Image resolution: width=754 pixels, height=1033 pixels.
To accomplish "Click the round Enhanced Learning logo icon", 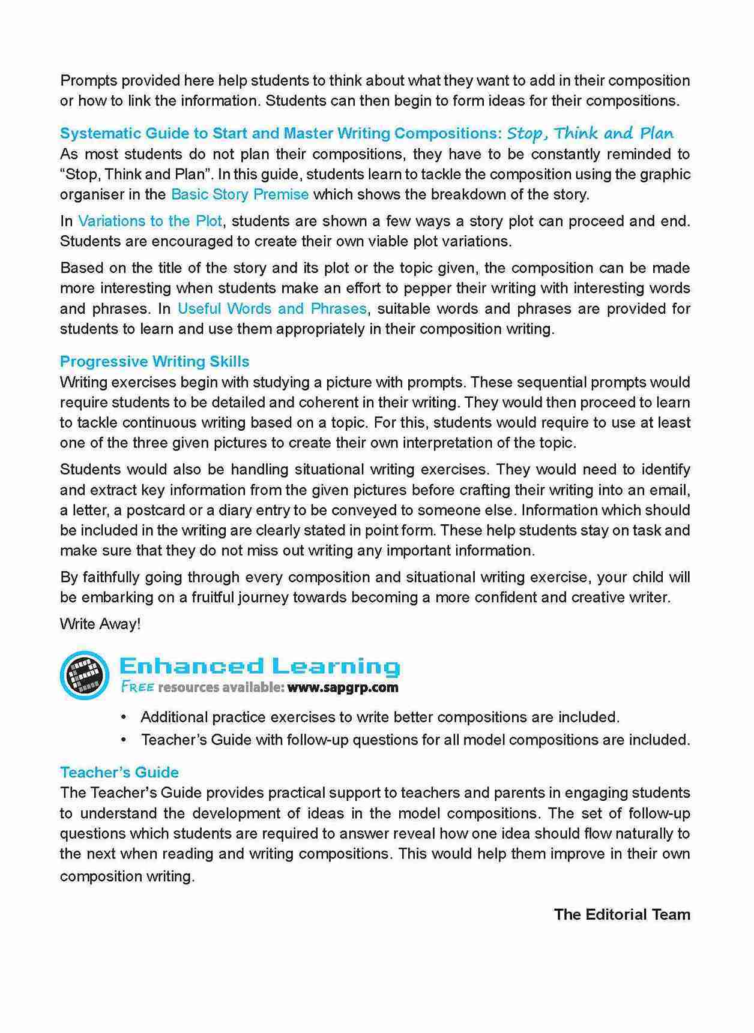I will (85, 675).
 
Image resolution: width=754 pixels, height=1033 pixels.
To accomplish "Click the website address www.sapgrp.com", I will (342, 687).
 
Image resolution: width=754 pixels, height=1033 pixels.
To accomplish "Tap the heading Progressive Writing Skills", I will (154, 362).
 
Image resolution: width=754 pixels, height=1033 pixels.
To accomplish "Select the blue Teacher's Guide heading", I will (119, 772).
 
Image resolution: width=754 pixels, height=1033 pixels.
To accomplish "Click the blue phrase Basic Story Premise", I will (240, 194).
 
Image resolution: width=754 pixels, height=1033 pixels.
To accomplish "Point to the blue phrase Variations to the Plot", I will (150, 221).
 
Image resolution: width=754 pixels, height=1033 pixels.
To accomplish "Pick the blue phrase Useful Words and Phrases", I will (272, 309).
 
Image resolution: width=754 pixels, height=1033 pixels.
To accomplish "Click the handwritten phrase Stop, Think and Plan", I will (590, 133).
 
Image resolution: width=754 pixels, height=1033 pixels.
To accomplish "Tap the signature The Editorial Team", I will (621, 914).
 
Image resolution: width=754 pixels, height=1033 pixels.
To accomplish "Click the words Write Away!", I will (100, 624).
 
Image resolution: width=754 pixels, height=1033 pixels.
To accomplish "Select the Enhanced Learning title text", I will (259, 666).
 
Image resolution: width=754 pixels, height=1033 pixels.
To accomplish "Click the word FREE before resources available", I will (137, 687).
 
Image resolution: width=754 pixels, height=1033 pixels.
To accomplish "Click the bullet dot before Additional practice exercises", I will (124, 717).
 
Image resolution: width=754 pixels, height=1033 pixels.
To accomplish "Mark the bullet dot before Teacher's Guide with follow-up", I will (124, 740).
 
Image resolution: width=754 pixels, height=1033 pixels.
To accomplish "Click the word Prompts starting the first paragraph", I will (86, 81).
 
